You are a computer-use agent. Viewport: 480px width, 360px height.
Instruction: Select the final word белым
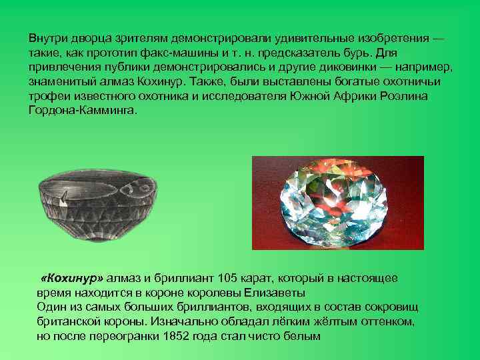[x=307, y=336]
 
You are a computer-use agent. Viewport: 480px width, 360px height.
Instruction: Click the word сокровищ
[x=395, y=307]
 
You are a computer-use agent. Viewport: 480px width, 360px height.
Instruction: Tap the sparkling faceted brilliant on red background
[x=338, y=203]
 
